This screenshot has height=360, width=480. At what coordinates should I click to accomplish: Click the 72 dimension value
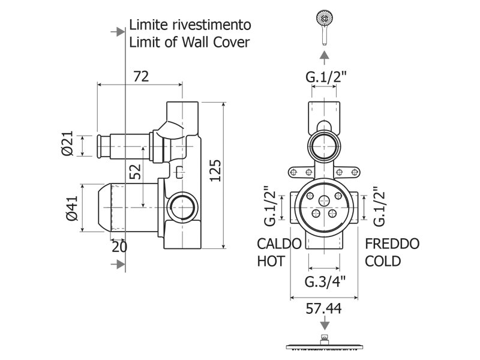pyautogui.click(x=141, y=76)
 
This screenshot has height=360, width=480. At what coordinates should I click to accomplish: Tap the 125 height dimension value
pyautogui.click(x=215, y=170)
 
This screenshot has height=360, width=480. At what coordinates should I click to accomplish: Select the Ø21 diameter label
pyautogui.click(x=67, y=143)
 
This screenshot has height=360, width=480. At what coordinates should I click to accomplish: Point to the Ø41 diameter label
pyautogui.click(x=72, y=208)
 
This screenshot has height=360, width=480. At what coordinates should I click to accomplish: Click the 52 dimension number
pyautogui.click(x=135, y=172)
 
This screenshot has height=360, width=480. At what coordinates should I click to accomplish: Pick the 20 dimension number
pyautogui.click(x=119, y=247)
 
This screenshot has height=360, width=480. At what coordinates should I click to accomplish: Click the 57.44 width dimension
pyautogui.click(x=323, y=308)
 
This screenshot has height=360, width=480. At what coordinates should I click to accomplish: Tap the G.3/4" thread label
pyautogui.click(x=325, y=281)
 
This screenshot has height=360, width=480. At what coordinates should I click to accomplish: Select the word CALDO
pyautogui.click(x=279, y=244)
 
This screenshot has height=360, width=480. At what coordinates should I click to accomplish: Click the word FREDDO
pyautogui.click(x=392, y=244)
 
